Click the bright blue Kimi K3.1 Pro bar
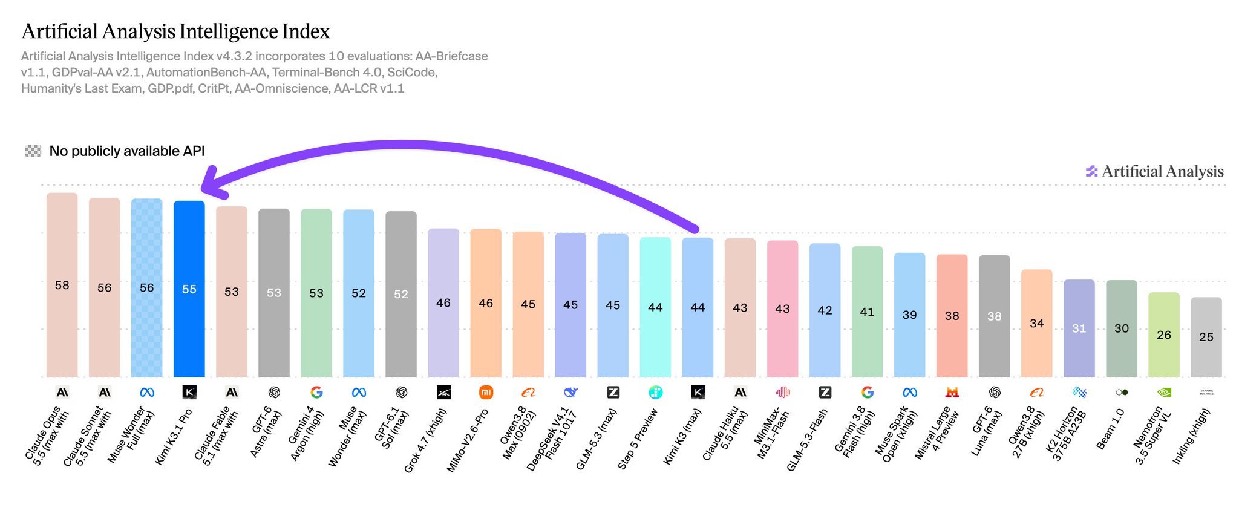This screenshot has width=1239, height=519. tap(189, 289)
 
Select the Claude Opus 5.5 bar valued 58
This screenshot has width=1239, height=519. tap(62, 285)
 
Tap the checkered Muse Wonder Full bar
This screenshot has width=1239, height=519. tap(146, 288)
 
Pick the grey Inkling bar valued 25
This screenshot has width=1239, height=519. tap(1206, 337)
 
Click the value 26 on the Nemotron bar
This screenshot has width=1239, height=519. tap(1163, 335)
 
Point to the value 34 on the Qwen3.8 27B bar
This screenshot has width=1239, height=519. tap(1036, 324)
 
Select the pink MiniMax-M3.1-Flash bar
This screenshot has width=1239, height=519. tap(782, 308)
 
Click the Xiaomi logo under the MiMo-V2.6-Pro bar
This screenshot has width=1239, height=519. tap(486, 393)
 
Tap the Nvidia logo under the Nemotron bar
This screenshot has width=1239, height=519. tap(1163, 393)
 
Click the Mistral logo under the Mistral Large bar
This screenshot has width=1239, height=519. tap(952, 393)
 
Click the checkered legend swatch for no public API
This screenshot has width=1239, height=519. tap(33, 151)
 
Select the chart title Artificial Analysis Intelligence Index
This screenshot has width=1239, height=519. tap(175, 31)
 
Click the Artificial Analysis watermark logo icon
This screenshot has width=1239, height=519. tap(1091, 172)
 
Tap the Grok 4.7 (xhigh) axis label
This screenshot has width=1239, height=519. tap(425, 440)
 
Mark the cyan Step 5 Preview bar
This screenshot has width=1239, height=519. tap(655, 307)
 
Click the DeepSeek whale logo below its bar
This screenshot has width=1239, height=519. tap(570, 393)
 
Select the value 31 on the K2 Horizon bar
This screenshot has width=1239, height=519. tap(1079, 328)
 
